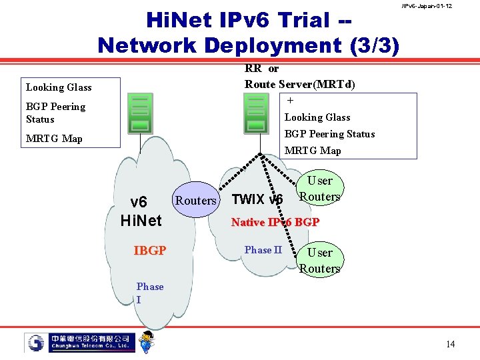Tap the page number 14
point(451,344)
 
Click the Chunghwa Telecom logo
point(80,343)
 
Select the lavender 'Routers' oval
point(195,200)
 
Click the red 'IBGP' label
point(149,251)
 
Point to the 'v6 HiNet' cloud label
point(141,211)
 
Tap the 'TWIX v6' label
point(257,199)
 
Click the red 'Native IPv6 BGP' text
point(275,222)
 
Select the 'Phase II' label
point(263,250)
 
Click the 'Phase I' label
point(149,293)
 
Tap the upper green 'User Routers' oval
point(319,189)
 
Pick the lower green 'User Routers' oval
point(319,261)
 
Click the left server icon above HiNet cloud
point(140,113)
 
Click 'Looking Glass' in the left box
point(59,87)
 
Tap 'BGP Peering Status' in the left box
point(55,113)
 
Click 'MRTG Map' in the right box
point(313,151)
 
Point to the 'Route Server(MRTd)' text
point(299,84)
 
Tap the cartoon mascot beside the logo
point(147,341)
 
